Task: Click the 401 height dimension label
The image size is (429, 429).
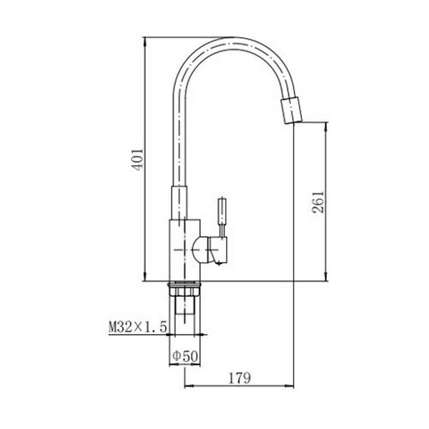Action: tap(138, 160)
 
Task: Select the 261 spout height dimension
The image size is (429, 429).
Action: tap(318, 202)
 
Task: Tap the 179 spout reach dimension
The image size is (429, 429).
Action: tap(239, 378)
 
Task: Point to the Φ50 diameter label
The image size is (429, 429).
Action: tap(185, 356)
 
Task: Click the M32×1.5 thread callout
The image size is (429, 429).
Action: tap(138, 327)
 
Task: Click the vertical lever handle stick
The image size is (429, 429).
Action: tap(222, 217)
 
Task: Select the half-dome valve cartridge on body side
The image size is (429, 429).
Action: tap(200, 250)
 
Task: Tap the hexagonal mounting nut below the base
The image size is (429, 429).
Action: tap(185, 290)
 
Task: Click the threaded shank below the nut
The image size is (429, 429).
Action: tap(185, 305)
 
